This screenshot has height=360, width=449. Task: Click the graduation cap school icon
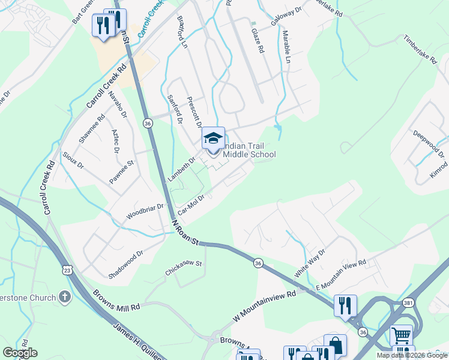(x=213, y=139)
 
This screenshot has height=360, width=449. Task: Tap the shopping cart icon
(x=401, y=334)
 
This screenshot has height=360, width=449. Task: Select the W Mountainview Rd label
(x=265, y=306)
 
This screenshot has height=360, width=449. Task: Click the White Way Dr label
(x=309, y=263)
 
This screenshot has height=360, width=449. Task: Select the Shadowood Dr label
(x=126, y=262)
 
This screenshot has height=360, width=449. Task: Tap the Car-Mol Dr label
(x=192, y=204)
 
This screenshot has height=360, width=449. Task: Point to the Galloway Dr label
(x=286, y=16)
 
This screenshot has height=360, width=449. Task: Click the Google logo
(x=20, y=353)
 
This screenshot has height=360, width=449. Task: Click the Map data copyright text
(x=411, y=355)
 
